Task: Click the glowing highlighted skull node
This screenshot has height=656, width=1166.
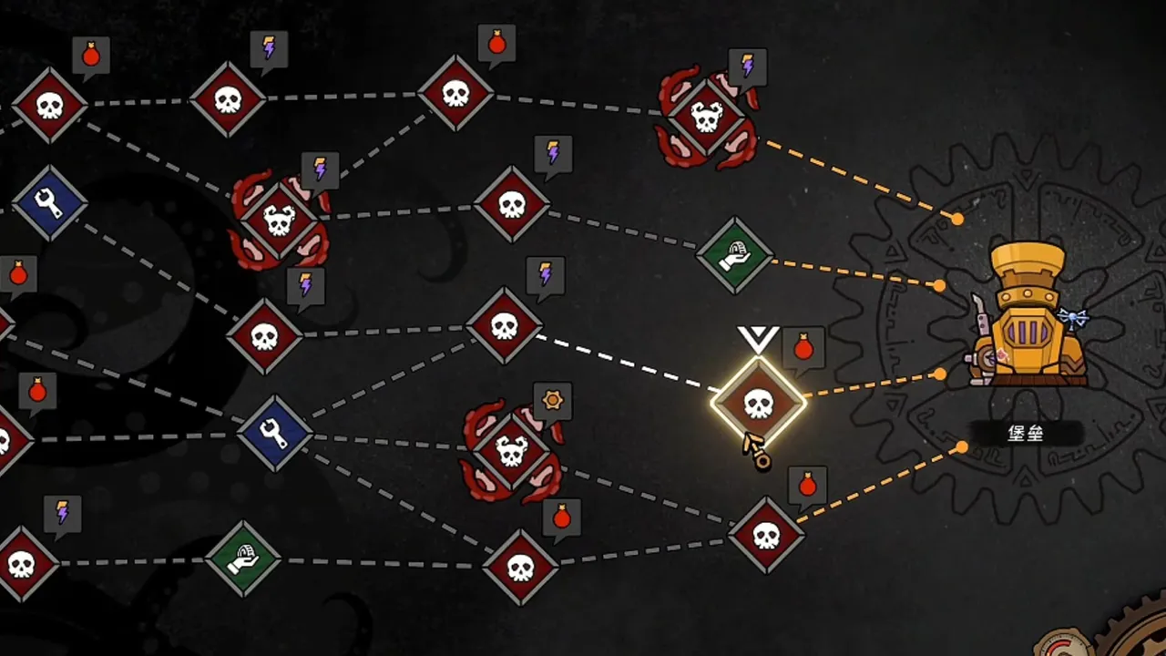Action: point(759,403)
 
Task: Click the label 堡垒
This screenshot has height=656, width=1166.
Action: point(1026,433)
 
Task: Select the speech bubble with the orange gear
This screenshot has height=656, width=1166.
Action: point(552,403)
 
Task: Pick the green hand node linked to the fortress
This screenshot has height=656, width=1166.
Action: point(734,255)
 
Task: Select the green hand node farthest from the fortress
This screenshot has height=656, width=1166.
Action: point(243,559)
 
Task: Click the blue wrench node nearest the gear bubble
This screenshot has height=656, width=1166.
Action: point(275,433)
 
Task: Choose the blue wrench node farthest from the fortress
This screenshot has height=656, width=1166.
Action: point(49,203)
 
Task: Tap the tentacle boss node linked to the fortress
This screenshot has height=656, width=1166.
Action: point(706,118)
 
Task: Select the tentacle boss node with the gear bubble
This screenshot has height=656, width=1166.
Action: point(511,451)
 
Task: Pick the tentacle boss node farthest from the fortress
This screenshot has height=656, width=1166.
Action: point(279,220)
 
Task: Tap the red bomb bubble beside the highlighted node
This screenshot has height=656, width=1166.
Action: point(803,348)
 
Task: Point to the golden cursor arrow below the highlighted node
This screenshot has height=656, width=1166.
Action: point(757,452)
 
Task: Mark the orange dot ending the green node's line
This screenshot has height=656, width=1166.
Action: point(939,285)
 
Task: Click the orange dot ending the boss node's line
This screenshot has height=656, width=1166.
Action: point(956,220)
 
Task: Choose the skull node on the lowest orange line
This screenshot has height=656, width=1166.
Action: point(766,535)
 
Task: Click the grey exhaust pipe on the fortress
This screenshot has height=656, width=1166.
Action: point(982,322)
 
